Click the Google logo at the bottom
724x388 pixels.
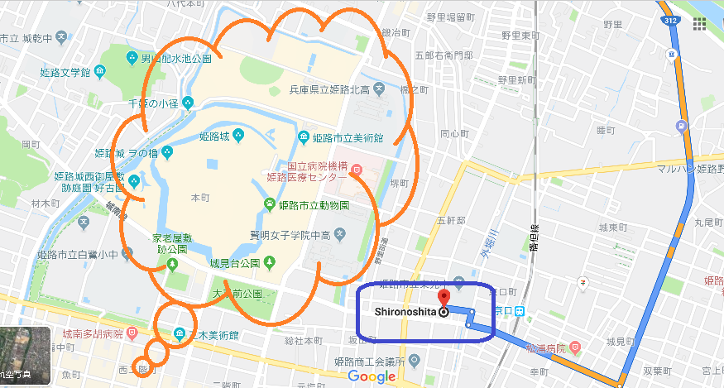point(372,377)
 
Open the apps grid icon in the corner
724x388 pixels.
point(699,22)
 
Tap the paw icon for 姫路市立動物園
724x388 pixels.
point(270,204)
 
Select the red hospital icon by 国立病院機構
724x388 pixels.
point(357,170)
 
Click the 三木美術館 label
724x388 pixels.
point(214,335)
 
